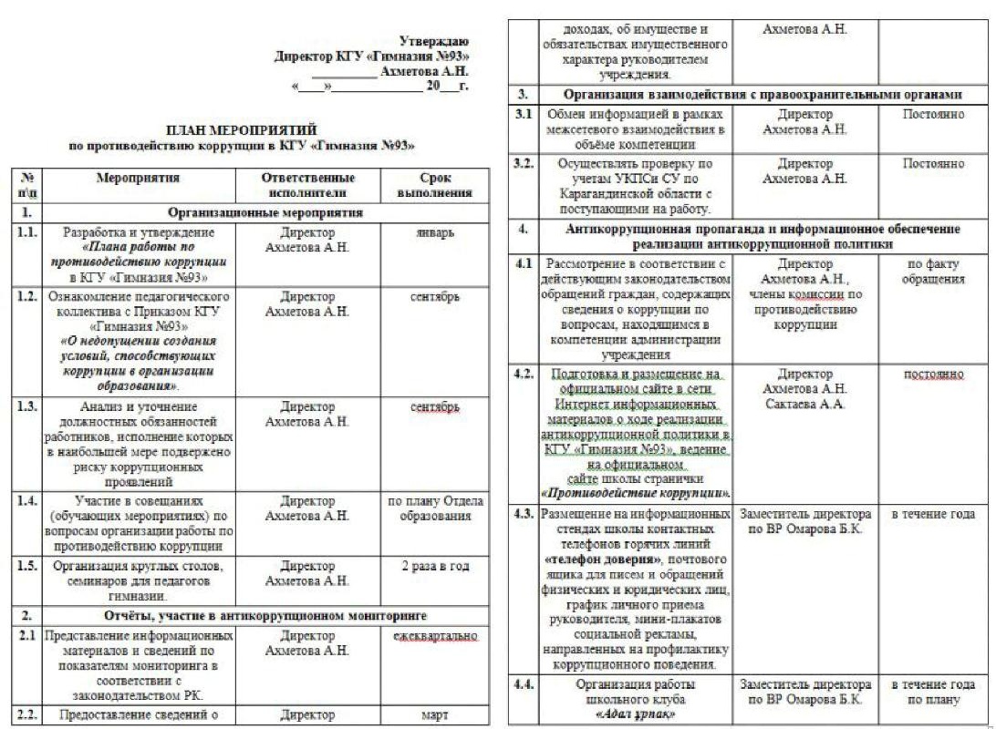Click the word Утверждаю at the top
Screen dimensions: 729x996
click(435, 41)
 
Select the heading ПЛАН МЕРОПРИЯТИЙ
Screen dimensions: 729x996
click(242, 130)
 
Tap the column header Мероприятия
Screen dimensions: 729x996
click(138, 179)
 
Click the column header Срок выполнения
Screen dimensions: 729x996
click(434, 185)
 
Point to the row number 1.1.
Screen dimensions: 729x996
click(27, 232)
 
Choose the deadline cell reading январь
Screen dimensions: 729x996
click(434, 232)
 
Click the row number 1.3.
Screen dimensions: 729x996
click(27, 406)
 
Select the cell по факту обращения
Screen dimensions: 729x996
click(933, 272)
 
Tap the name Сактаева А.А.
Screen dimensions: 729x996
click(804, 404)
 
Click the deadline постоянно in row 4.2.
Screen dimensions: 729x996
click(933, 375)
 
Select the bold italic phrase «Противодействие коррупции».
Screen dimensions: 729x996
click(635, 493)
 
